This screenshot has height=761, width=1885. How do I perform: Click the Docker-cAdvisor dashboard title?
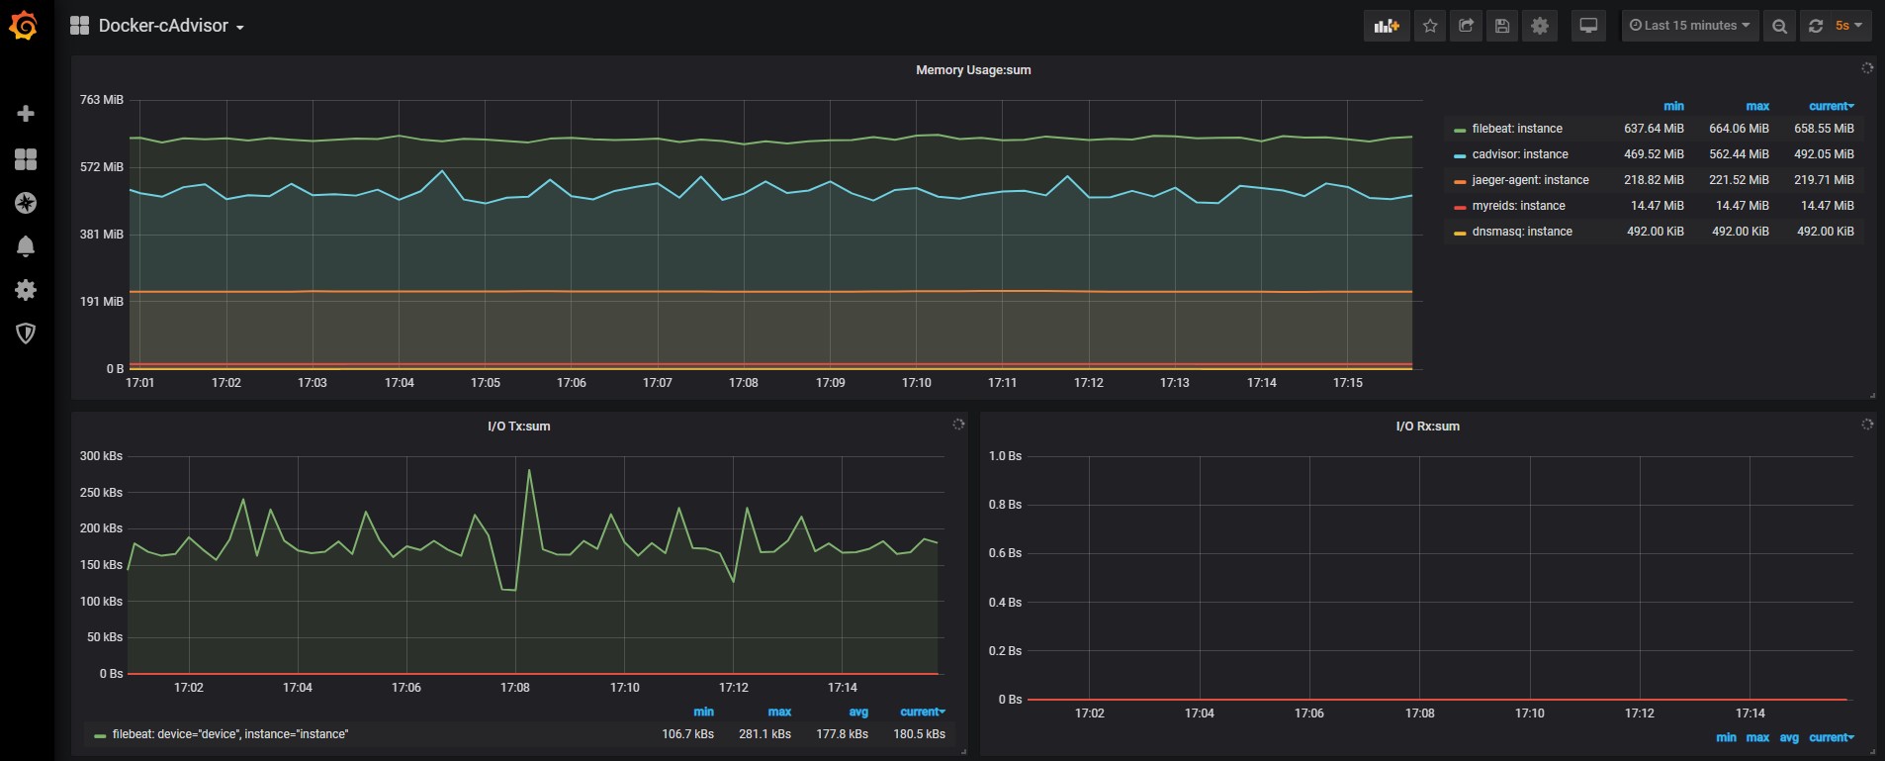pos(163,26)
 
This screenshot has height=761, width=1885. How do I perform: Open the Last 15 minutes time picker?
pos(1689,26)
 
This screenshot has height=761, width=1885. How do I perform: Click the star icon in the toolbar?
pos(1430,26)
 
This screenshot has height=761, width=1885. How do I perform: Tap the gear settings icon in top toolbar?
pos(1540,26)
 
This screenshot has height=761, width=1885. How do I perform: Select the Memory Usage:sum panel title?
pos(973,70)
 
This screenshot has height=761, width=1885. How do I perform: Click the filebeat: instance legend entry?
pos(1517,129)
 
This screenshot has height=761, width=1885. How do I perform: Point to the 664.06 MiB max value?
pos(1739,129)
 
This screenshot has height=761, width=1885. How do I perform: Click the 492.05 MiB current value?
pos(1824,154)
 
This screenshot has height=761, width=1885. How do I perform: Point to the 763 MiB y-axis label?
pos(102,100)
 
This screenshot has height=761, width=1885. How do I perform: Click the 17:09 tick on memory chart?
pos(830,383)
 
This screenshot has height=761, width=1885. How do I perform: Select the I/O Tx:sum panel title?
pos(519,427)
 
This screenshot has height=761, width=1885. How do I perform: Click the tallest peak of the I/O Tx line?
pos(529,470)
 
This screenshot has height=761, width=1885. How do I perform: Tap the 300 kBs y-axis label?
pos(101,456)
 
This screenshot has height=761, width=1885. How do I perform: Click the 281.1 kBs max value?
pos(764,734)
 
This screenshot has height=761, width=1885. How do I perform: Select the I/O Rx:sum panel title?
pos(1427,427)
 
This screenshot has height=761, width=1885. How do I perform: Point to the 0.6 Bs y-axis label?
pos(1005,553)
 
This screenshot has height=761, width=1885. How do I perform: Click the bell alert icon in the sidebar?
pos(26,246)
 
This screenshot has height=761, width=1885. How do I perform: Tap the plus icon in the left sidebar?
pos(26,114)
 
